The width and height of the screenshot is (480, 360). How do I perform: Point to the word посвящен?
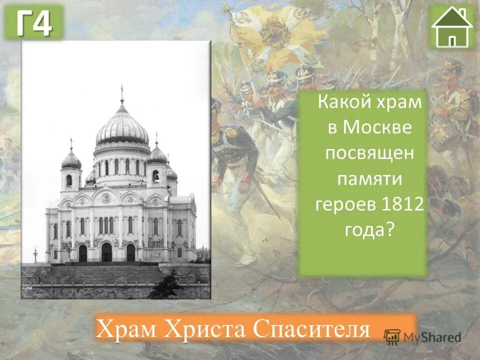coord(369,152)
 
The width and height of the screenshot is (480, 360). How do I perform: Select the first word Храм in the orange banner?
coord(128,328)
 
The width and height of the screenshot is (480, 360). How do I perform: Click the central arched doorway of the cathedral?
coord(106,252)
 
